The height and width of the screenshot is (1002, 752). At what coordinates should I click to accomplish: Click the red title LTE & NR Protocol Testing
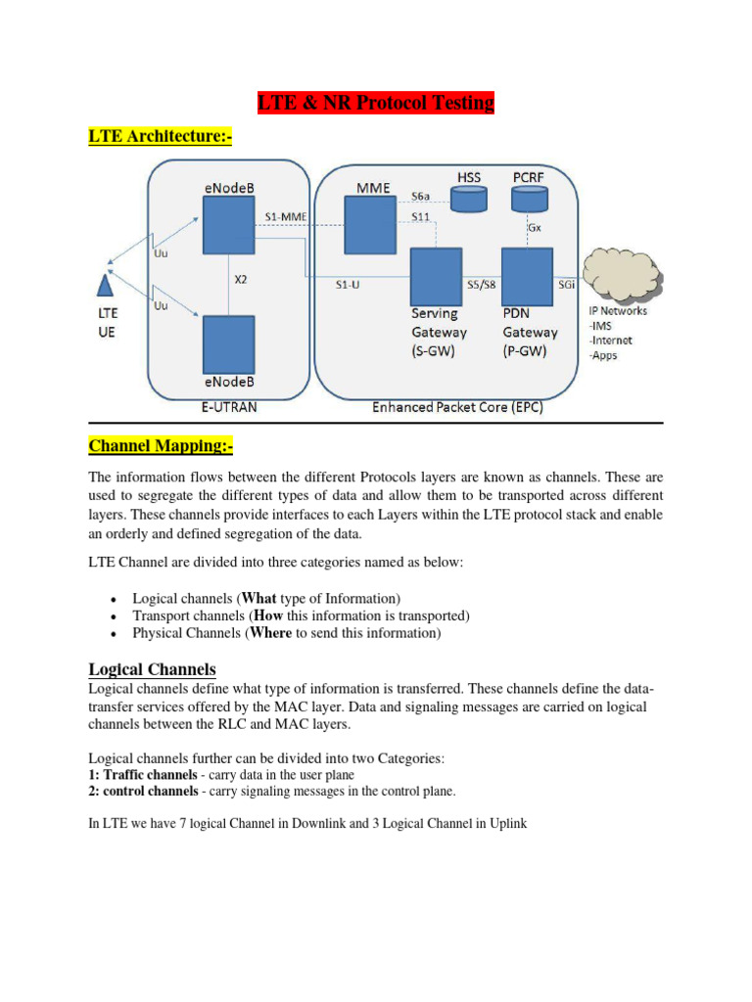pyautogui.click(x=376, y=103)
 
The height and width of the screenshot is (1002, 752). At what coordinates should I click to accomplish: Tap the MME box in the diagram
pyautogui.click(x=369, y=224)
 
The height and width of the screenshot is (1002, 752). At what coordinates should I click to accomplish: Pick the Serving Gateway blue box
pyautogui.click(x=435, y=276)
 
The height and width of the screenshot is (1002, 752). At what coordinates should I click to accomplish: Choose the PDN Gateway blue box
pyautogui.click(x=527, y=276)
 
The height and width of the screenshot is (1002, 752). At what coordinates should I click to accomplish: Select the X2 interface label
pyautogui.click(x=241, y=279)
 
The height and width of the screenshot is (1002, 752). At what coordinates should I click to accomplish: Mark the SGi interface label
pyautogui.click(x=566, y=286)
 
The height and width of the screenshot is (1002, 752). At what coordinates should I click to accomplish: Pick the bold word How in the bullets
pyautogui.click(x=269, y=615)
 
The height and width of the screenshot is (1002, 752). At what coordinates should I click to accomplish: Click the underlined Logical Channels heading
pyautogui.click(x=152, y=669)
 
